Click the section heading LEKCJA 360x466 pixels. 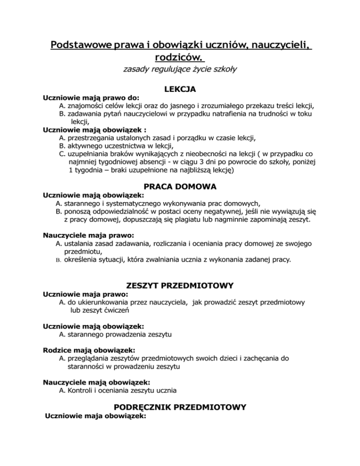(x=180, y=89)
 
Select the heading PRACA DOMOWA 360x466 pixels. (x=180, y=187)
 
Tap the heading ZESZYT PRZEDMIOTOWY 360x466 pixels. (x=180, y=285)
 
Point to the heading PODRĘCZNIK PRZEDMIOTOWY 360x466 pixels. (x=180, y=408)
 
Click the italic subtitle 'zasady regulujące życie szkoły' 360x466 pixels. (x=180, y=70)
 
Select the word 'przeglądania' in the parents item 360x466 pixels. (x=90, y=359)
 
